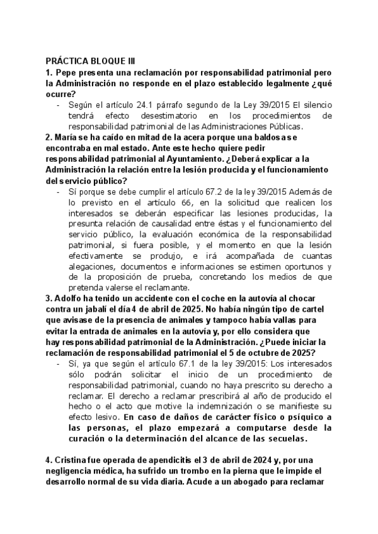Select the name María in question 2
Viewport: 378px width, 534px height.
pyautogui.click(x=66, y=137)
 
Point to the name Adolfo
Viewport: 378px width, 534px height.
pyautogui.click(x=69, y=298)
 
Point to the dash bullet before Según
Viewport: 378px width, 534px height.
pyautogui.click(x=59, y=105)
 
